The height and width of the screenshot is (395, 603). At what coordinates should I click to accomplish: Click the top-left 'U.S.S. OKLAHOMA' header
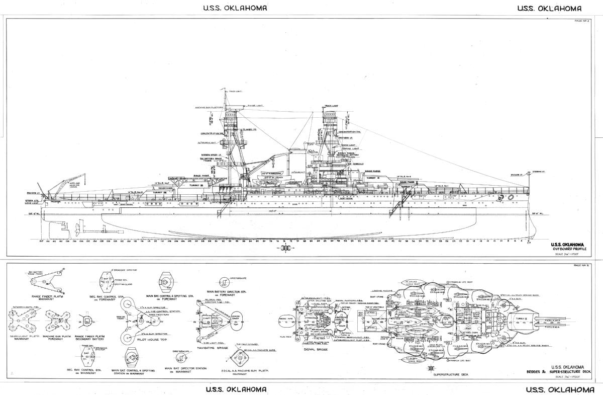[235, 8]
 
